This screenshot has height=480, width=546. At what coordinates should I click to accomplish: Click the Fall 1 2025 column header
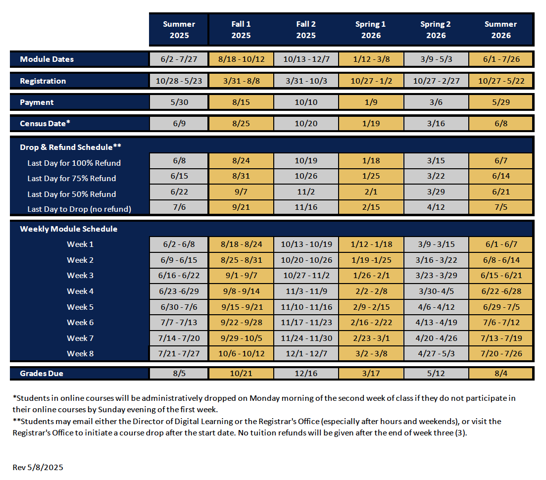tap(241, 30)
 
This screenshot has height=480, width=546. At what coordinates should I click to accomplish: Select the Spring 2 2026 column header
tap(436, 30)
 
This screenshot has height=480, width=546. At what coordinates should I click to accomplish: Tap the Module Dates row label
tap(47, 59)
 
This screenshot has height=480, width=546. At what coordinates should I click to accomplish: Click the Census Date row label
tap(45, 123)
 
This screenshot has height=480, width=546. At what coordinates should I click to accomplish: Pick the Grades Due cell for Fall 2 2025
tap(306, 373)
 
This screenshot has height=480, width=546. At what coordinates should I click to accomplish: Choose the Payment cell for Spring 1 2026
tap(371, 102)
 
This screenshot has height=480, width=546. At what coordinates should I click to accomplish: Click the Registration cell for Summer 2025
tap(179, 81)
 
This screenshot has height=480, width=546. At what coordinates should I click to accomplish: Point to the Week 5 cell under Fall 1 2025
tap(241, 307)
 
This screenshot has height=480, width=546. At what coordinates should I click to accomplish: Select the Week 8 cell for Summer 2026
tap(501, 353)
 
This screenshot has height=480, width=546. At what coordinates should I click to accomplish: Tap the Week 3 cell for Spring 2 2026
tap(436, 275)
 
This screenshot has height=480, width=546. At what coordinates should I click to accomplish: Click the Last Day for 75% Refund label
tap(72, 178)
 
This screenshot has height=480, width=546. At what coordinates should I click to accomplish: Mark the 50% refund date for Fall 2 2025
tap(306, 192)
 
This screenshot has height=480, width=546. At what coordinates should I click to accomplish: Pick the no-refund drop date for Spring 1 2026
tap(371, 207)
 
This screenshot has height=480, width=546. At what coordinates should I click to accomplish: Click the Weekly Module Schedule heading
tap(69, 229)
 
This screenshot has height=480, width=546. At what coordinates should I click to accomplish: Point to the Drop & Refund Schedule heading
tap(70, 147)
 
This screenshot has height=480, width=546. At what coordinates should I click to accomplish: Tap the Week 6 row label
tap(80, 322)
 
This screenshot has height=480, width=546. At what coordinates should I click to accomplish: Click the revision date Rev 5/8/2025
tap(38, 467)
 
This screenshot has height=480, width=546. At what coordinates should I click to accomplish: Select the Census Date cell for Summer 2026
tap(501, 123)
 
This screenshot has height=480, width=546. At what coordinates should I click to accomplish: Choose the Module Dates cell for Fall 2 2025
tap(306, 59)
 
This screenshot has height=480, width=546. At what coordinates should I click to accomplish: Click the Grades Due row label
tap(42, 373)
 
